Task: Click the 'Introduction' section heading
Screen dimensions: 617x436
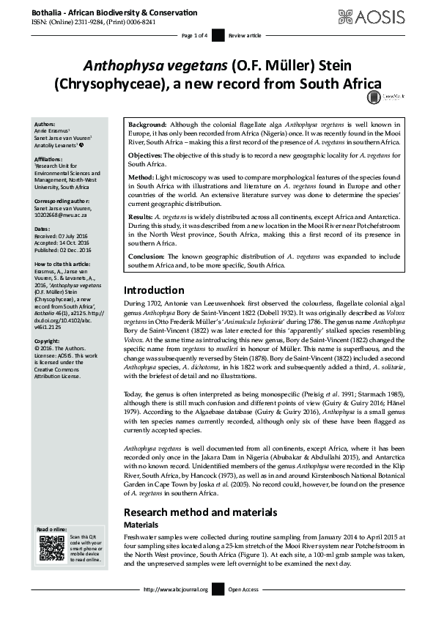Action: [x=153, y=290]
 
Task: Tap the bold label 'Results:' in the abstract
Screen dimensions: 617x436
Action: [x=141, y=218]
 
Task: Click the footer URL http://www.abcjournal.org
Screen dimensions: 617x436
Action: [x=176, y=589]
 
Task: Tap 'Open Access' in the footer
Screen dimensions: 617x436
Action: [x=243, y=589]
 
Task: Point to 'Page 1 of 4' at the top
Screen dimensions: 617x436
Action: [x=194, y=35]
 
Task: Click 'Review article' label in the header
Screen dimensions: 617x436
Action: [x=245, y=35]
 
